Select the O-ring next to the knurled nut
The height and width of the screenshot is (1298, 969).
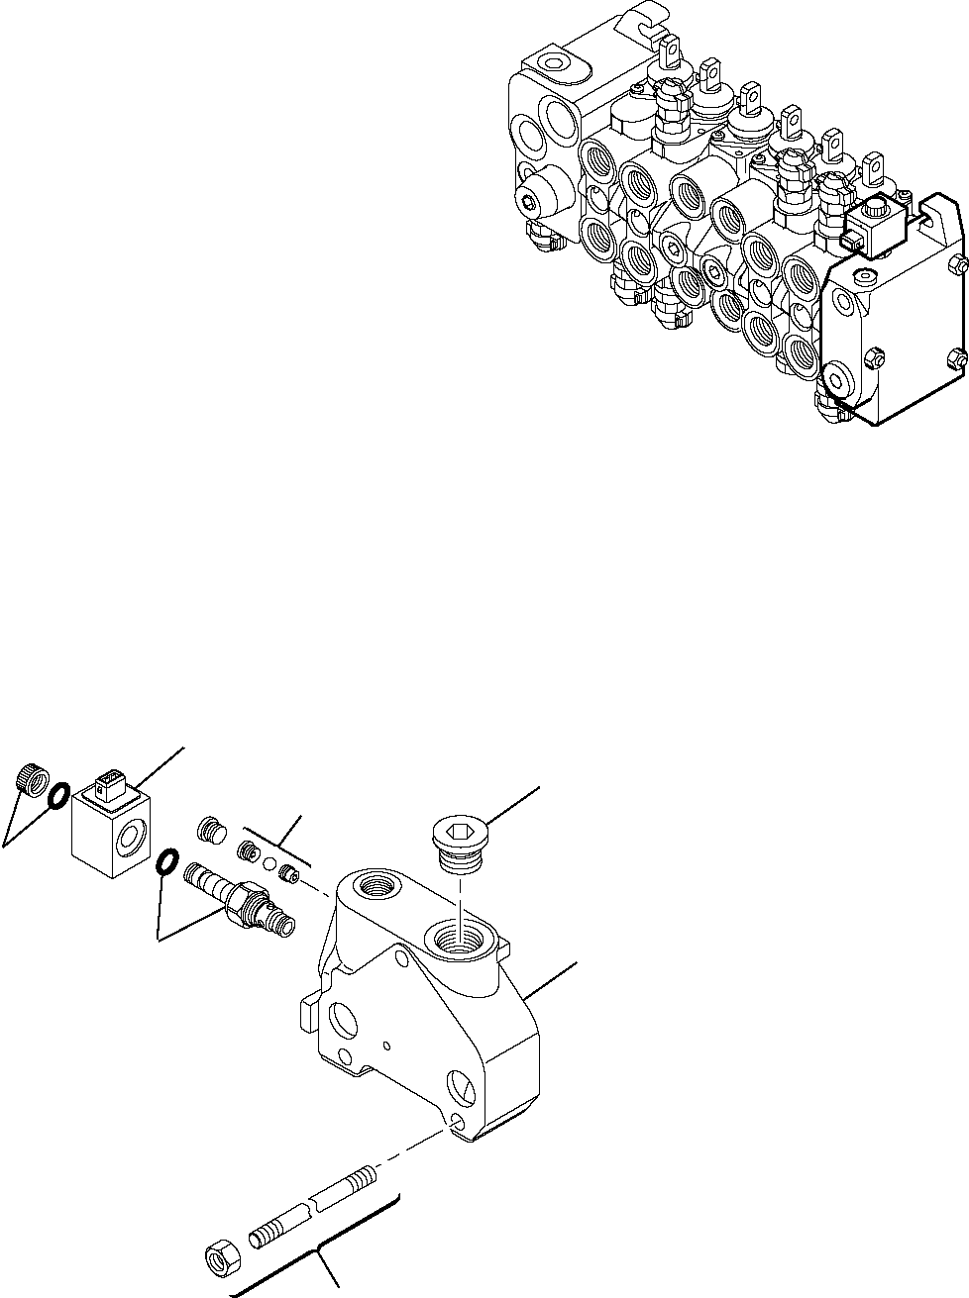57,794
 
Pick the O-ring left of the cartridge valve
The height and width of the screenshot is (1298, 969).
167,863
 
